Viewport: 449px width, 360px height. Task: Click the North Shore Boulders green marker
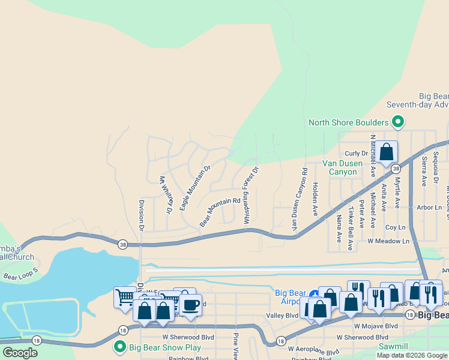(397, 123)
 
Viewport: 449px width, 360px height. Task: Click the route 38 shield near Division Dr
(123, 244)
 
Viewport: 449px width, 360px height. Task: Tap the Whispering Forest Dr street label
(251, 196)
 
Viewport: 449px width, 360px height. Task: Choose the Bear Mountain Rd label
(220, 213)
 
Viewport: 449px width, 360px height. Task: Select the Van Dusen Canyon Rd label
(300, 200)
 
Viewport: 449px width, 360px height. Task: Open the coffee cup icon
(191, 305)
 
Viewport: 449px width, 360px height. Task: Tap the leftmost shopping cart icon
(125, 297)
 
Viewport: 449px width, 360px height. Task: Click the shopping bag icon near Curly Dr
(387, 152)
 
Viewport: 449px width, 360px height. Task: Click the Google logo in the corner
(20, 353)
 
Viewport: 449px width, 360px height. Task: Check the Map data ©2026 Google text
(412, 355)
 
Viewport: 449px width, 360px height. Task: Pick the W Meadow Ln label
(388, 241)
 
